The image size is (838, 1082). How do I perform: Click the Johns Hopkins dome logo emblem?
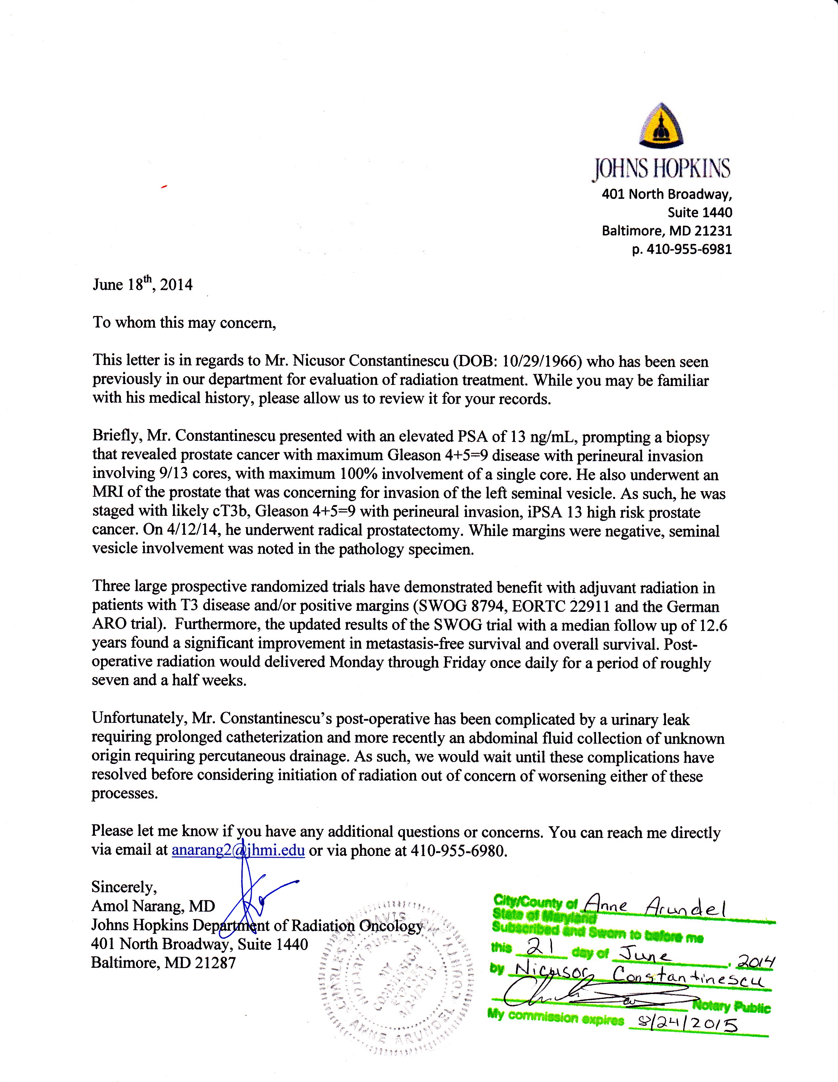pos(661,125)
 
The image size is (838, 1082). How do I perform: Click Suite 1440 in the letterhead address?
pos(699,212)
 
